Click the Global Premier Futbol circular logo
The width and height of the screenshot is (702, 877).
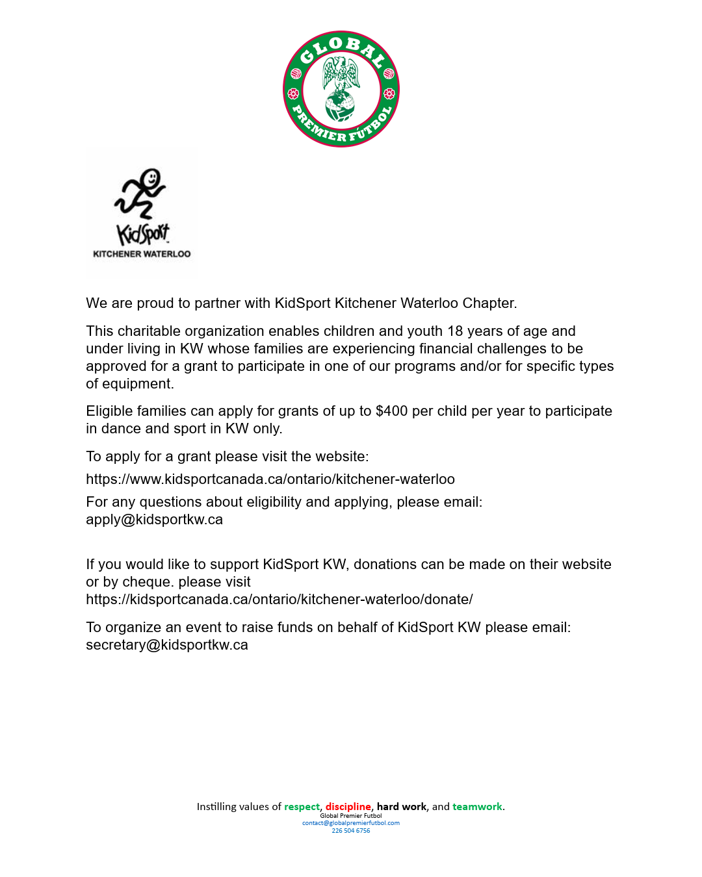tap(341, 89)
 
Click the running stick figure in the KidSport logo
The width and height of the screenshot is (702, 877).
tap(141, 194)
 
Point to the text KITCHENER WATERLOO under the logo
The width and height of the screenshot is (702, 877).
tap(142, 254)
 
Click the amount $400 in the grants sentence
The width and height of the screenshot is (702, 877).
tap(391, 411)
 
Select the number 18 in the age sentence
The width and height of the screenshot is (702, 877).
tap(455, 331)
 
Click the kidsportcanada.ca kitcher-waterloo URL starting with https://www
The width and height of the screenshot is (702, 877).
tap(270, 479)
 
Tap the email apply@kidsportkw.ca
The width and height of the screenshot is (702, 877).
tap(154, 520)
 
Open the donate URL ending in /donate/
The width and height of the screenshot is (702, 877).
tap(279, 600)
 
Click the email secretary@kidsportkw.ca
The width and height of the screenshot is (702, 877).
tap(166, 645)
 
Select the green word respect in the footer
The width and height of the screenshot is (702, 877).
tap(302, 807)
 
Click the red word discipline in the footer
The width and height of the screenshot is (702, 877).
tap(348, 807)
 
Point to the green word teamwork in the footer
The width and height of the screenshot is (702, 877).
tap(477, 807)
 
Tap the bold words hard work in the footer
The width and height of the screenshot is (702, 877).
tap(401, 807)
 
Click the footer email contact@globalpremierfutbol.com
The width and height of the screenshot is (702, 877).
tap(351, 823)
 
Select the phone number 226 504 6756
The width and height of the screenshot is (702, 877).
tap(351, 831)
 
